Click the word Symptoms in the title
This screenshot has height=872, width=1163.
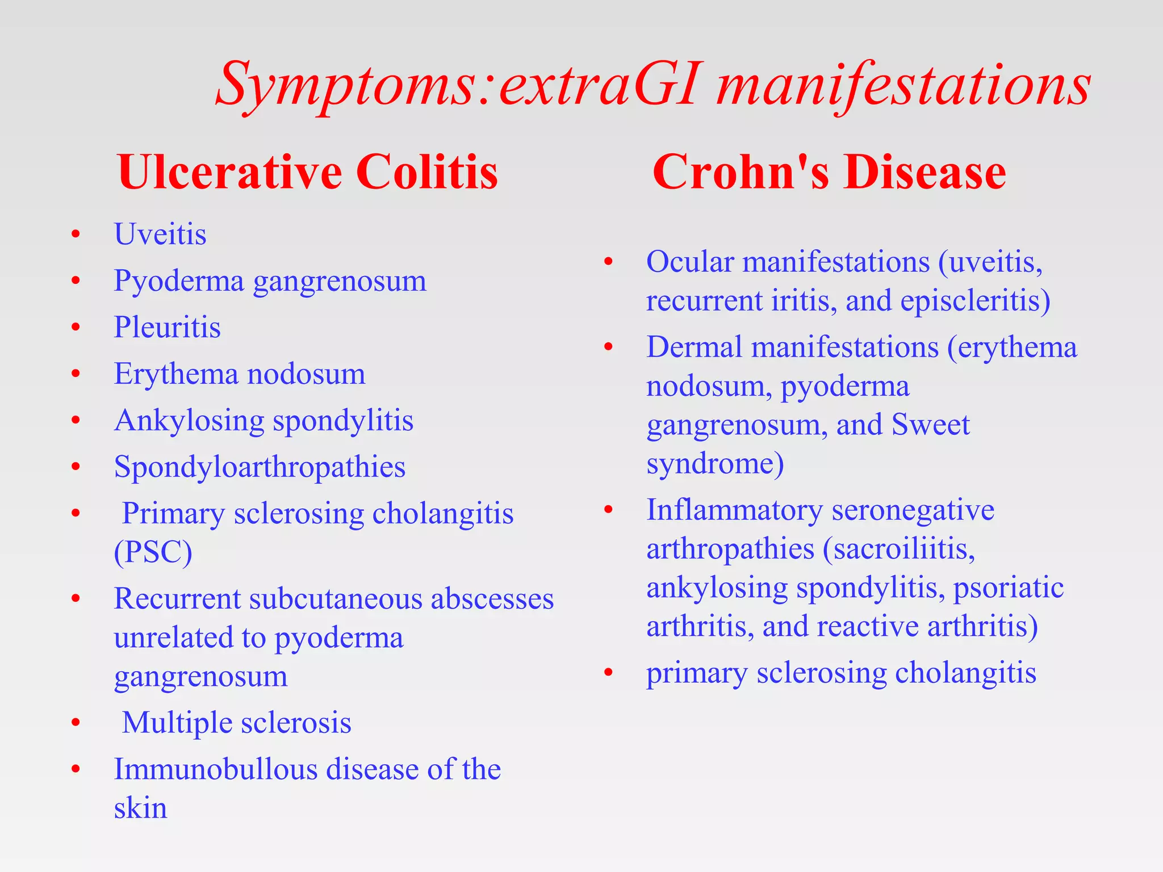[x=344, y=85]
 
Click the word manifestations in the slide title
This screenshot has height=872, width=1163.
[x=903, y=85]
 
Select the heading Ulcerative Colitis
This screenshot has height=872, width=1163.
[x=307, y=172]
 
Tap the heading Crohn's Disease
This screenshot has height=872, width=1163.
[x=829, y=172]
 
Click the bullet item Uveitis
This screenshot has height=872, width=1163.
[x=160, y=234]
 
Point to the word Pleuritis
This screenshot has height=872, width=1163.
[x=167, y=327]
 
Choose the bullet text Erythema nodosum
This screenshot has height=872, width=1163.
[x=239, y=374]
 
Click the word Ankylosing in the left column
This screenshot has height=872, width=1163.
[x=189, y=421]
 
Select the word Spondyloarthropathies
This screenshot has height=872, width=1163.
[x=260, y=467]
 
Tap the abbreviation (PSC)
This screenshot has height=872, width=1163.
[x=153, y=552]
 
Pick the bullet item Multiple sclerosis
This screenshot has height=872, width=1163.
[x=236, y=723]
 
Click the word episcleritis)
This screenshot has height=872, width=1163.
[x=975, y=301]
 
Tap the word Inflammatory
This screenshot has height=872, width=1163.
[x=734, y=510]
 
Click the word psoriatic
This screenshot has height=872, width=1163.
[x=1008, y=588]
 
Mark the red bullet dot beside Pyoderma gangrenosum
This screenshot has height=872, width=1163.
[x=76, y=280]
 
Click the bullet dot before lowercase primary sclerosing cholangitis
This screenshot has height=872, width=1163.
[x=608, y=673]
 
